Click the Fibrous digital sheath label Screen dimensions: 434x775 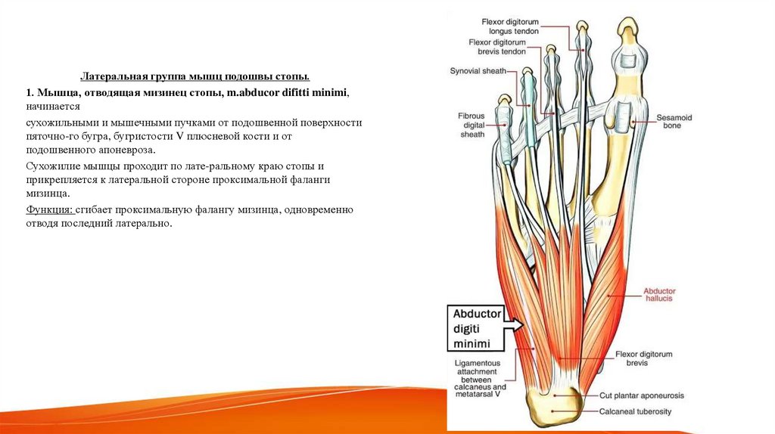pyautogui.click(x=471, y=125)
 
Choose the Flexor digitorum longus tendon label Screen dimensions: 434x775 pyautogui.click(x=512, y=26)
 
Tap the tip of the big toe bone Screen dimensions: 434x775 pyautogui.click(x=627, y=28)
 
